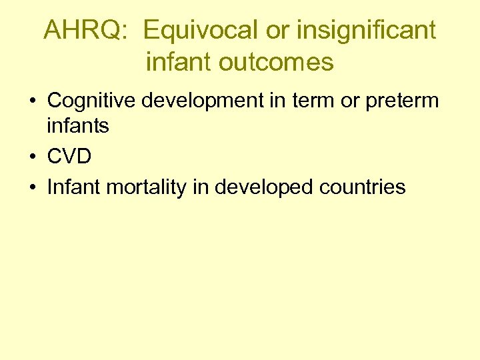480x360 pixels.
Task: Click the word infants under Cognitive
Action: click(x=78, y=125)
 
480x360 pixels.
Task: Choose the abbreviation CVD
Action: click(x=69, y=157)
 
